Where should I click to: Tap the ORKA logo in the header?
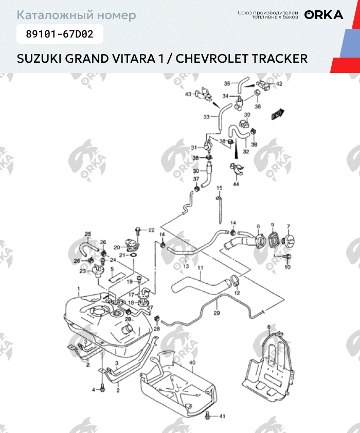[323, 15]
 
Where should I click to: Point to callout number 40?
[192, 363]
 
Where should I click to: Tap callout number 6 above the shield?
[268, 327]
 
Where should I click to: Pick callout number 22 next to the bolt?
[151, 230]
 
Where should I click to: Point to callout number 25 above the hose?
[87, 234]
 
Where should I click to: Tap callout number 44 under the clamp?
[236, 184]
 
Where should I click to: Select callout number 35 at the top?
[227, 83]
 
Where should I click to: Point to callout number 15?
[219, 188]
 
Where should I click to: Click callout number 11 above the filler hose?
[201, 268]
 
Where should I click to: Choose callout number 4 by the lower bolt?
[94, 390]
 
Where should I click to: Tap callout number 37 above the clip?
[196, 178]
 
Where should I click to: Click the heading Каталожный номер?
[77, 15]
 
